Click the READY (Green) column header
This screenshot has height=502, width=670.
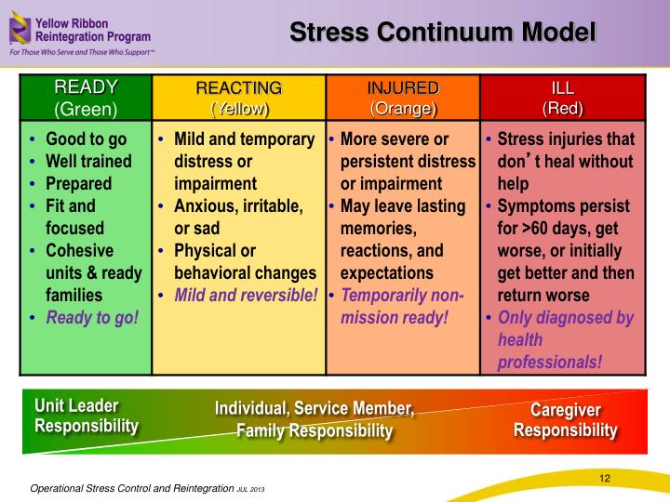click(x=87, y=98)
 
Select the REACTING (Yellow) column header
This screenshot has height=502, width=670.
click(x=238, y=98)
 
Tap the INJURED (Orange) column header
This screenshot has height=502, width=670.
click(x=403, y=98)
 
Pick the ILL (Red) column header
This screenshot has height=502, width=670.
click(x=562, y=98)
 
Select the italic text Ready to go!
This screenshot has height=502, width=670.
click(x=92, y=317)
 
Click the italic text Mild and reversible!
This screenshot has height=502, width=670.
click(x=246, y=295)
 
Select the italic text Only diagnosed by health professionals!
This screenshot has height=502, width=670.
click(x=566, y=339)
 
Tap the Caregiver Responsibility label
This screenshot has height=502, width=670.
click(x=566, y=420)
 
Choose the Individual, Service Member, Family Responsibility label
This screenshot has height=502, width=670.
click(x=315, y=419)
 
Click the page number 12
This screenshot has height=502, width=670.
click(x=604, y=478)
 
